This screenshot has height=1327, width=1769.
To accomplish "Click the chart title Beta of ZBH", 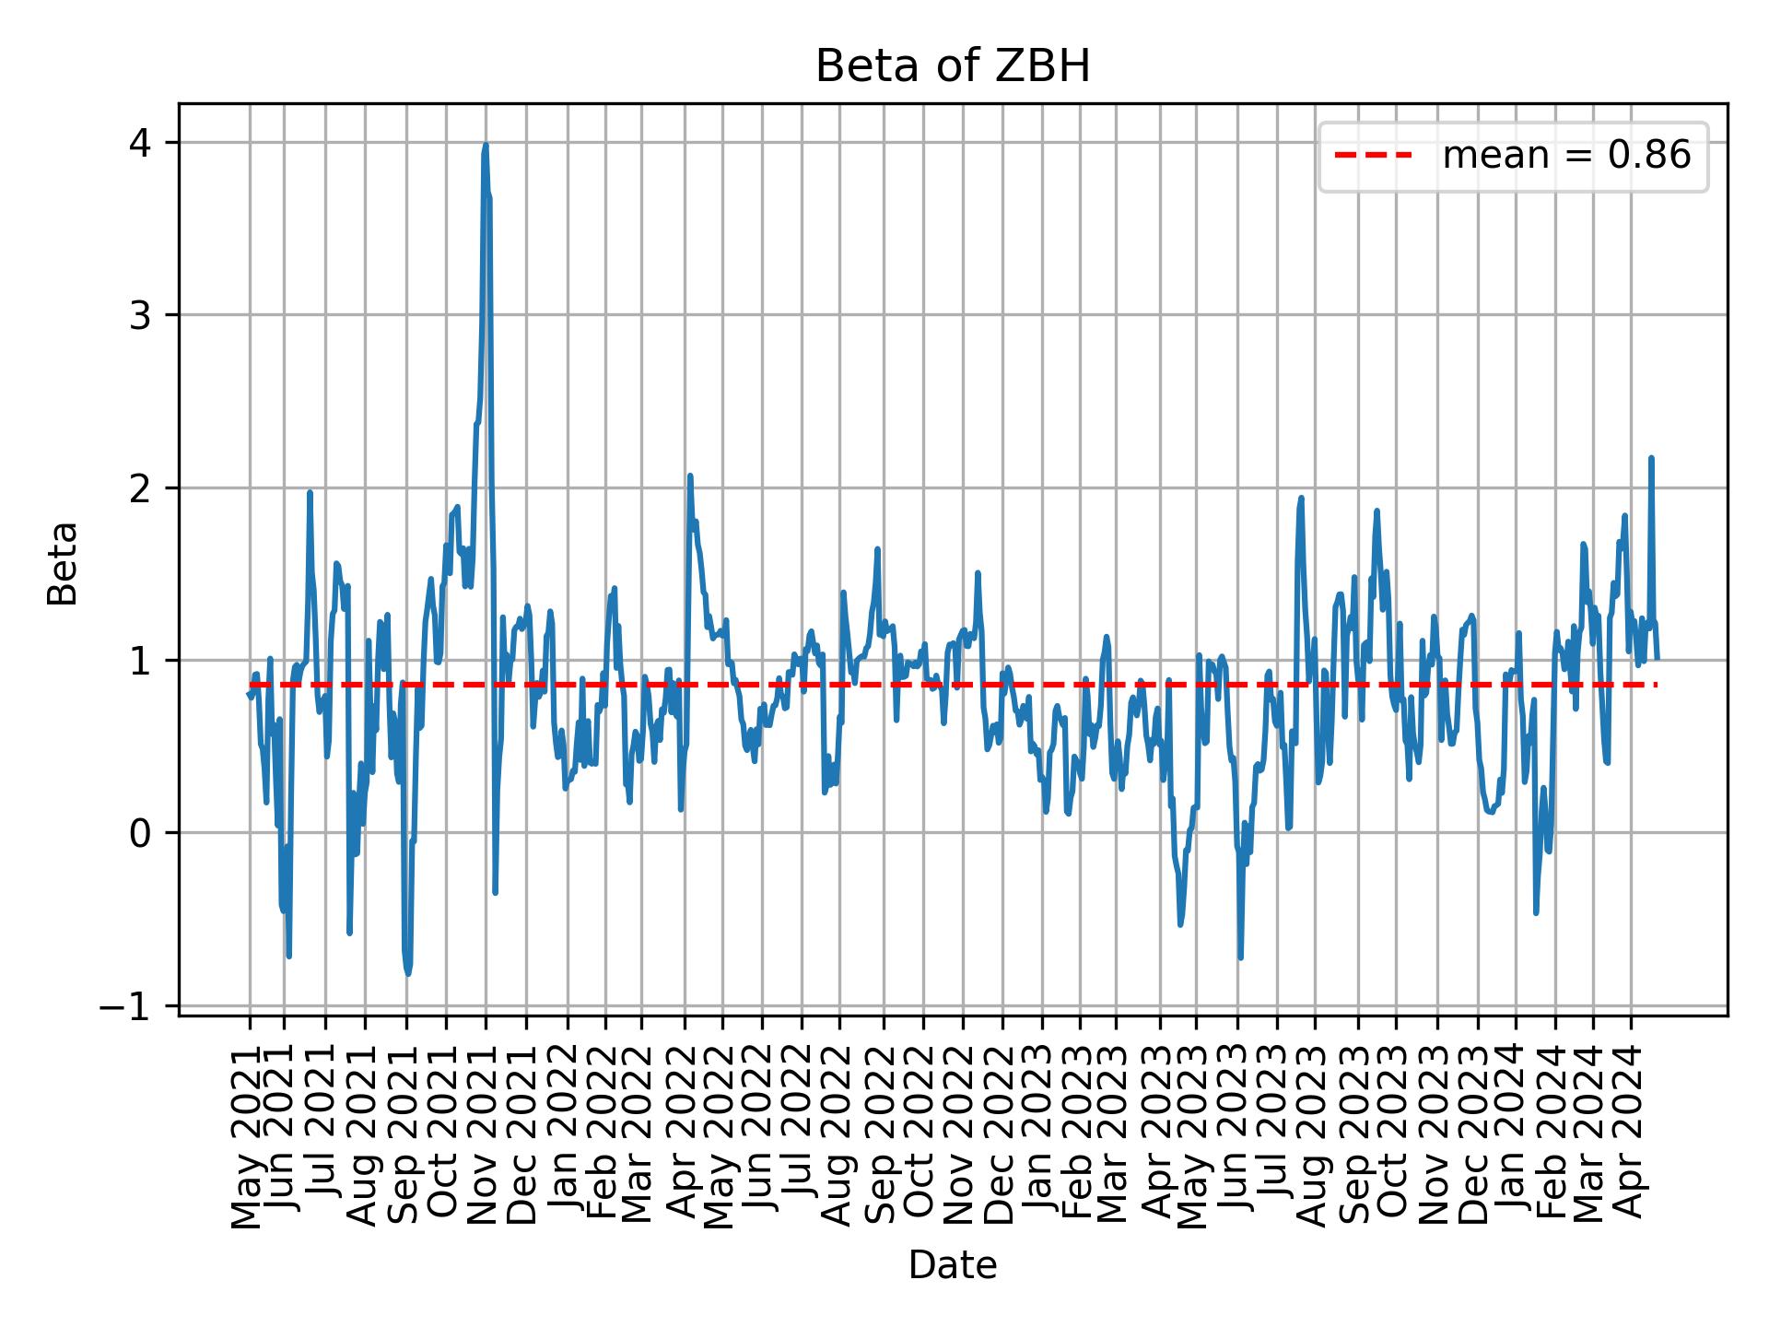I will pos(953,66).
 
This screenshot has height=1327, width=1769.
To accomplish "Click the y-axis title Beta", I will pos(63,563).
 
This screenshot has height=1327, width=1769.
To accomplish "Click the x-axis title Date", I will pos(953,1265).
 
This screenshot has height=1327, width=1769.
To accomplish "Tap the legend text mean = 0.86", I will pos(1566,157).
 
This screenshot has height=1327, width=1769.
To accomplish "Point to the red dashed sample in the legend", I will pos(1373,157).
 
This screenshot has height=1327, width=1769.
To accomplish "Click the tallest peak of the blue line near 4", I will pos(486,145).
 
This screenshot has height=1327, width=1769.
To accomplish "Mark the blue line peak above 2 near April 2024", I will pos(1651,458).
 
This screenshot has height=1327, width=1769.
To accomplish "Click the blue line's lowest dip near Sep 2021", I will pos(408,973).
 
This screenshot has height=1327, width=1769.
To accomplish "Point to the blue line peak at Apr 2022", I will pos(689,476).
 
